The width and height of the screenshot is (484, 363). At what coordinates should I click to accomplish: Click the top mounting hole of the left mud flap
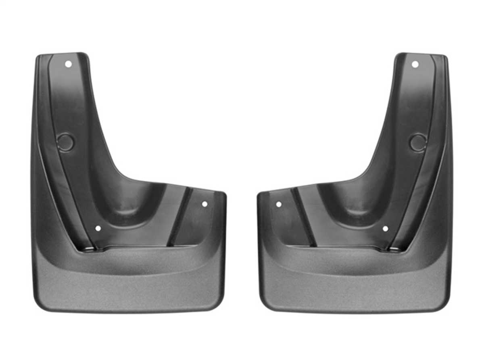pyautogui.click(x=68, y=64)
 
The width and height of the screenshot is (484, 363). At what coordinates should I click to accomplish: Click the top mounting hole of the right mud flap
pyautogui.click(x=415, y=64)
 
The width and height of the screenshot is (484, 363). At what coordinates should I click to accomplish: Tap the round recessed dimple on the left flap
pyautogui.click(x=65, y=142)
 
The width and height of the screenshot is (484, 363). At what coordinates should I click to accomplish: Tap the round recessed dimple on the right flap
pyautogui.click(x=418, y=142)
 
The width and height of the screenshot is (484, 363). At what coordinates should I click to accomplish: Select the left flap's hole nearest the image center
pyautogui.click(x=204, y=204)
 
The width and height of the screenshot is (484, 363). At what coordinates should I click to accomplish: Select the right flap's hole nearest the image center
pyautogui.click(x=278, y=204)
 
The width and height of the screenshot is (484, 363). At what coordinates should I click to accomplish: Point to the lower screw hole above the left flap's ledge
pyautogui.click(x=98, y=228)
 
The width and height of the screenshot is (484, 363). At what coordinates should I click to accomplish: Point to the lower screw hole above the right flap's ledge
pyautogui.click(x=385, y=229)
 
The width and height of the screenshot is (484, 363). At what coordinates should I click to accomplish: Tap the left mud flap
pyautogui.click(x=121, y=242)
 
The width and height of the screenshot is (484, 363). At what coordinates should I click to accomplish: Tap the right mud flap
pyautogui.click(x=363, y=242)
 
